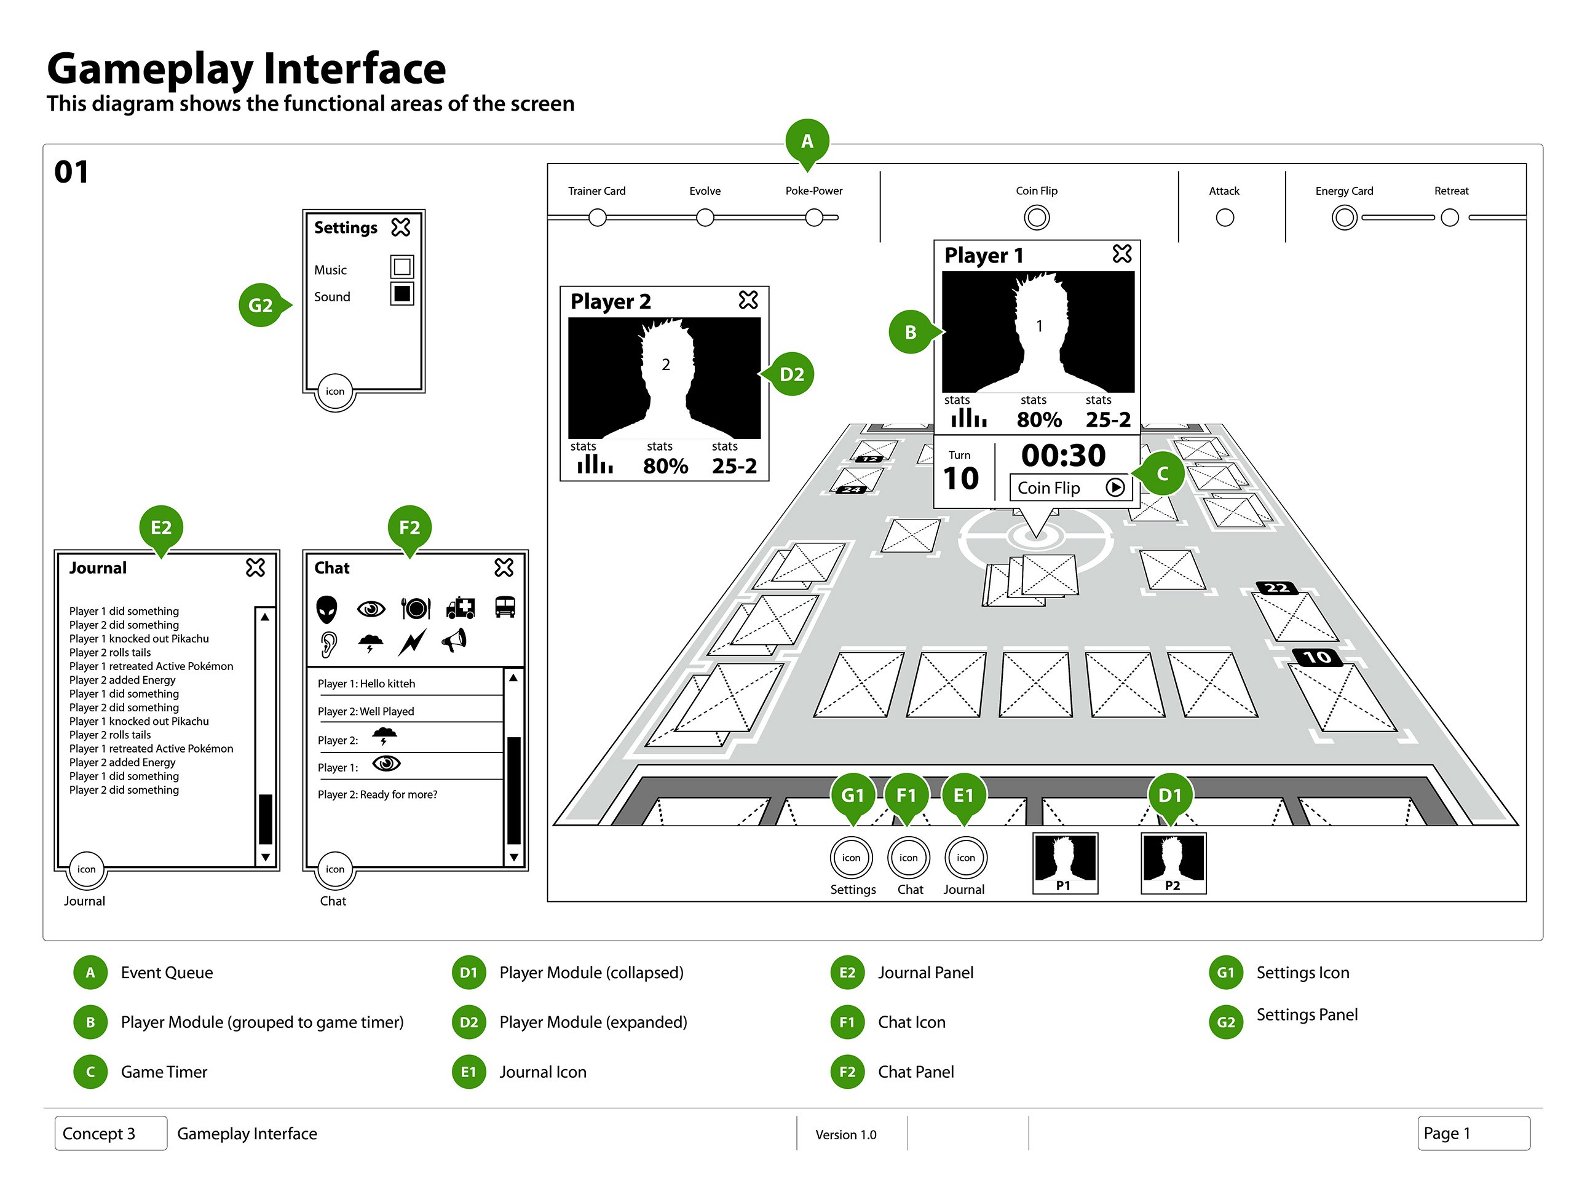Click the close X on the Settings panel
pyautogui.click(x=401, y=227)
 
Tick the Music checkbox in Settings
pyautogui.click(x=402, y=267)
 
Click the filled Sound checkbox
pyautogui.click(x=402, y=293)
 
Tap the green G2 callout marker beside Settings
pyautogui.click(x=261, y=305)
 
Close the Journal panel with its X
pyautogui.click(x=255, y=567)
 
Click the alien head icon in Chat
pyautogui.click(x=326, y=608)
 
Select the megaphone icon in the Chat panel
pyautogui.click(x=454, y=641)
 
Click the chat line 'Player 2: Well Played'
pyautogui.click(x=366, y=711)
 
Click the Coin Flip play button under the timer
pyautogui.click(x=1115, y=488)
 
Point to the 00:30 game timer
pyautogui.click(x=1063, y=456)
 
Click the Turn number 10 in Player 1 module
pyautogui.click(x=960, y=478)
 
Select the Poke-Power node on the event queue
pyautogui.click(x=814, y=217)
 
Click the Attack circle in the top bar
pyautogui.click(x=1225, y=217)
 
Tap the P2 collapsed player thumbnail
pyautogui.click(x=1173, y=863)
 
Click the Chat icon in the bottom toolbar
pyautogui.click(x=909, y=858)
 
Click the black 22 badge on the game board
pyautogui.click(x=1276, y=588)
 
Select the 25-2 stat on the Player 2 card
pyautogui.click(x=734, y=466)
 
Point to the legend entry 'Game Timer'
pyautogui.click(x=164, y=1072)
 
